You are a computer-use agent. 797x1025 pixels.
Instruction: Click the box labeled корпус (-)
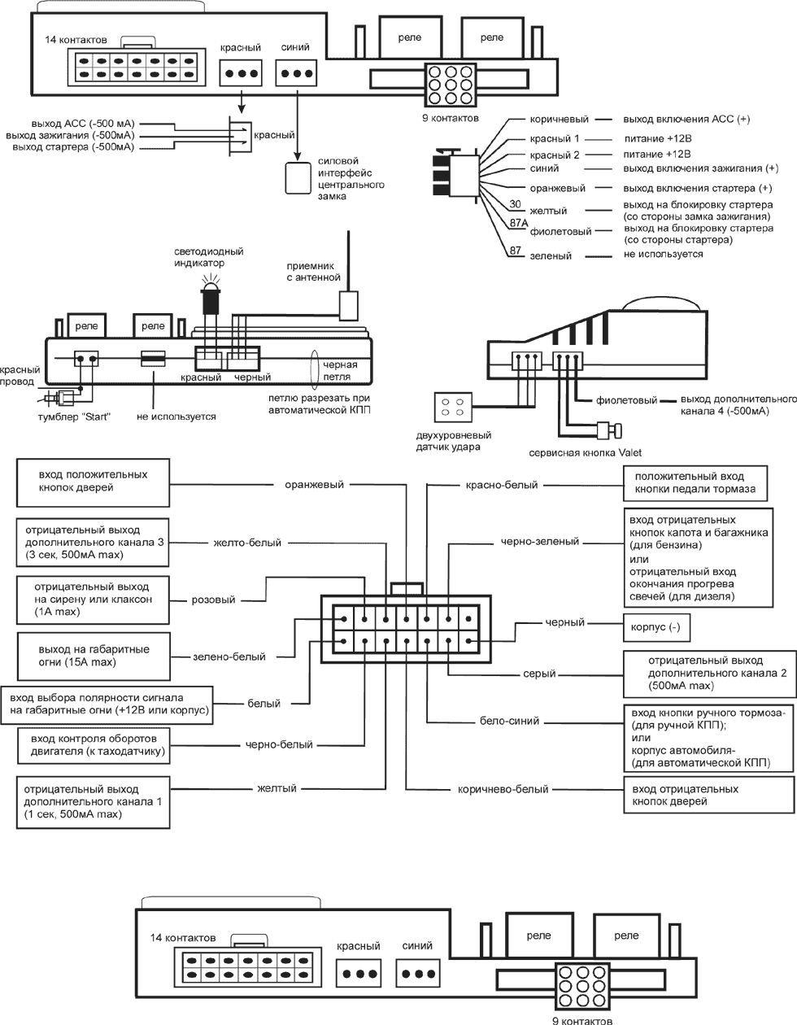(656, 627)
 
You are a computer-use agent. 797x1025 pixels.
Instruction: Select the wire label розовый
(213, 600)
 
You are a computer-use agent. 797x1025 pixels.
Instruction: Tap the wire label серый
(539, 674)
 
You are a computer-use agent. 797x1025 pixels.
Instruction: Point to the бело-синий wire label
(509, 721)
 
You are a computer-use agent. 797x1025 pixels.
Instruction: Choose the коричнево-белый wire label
(503, 789)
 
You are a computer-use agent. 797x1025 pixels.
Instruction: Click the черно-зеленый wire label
(540, 542)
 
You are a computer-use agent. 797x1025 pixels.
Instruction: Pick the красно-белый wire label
(502, 485)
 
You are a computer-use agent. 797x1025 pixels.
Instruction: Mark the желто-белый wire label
(247, 543)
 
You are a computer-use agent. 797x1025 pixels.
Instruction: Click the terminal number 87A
(518, 223)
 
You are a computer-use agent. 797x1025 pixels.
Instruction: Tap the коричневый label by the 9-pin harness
(560, 120)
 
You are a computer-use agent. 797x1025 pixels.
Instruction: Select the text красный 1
(555, 139)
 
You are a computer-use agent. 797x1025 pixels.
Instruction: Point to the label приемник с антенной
(314, 272)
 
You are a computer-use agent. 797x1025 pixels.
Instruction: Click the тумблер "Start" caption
(74, 417)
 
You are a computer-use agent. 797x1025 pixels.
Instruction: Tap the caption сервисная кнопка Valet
(586, 453)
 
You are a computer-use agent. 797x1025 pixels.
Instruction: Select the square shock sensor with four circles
(453, 407)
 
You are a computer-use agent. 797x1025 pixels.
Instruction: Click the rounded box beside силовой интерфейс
(298, 178)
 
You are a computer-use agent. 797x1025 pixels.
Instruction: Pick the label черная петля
(340, 371)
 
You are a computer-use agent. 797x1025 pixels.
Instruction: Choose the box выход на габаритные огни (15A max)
(93, 656)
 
